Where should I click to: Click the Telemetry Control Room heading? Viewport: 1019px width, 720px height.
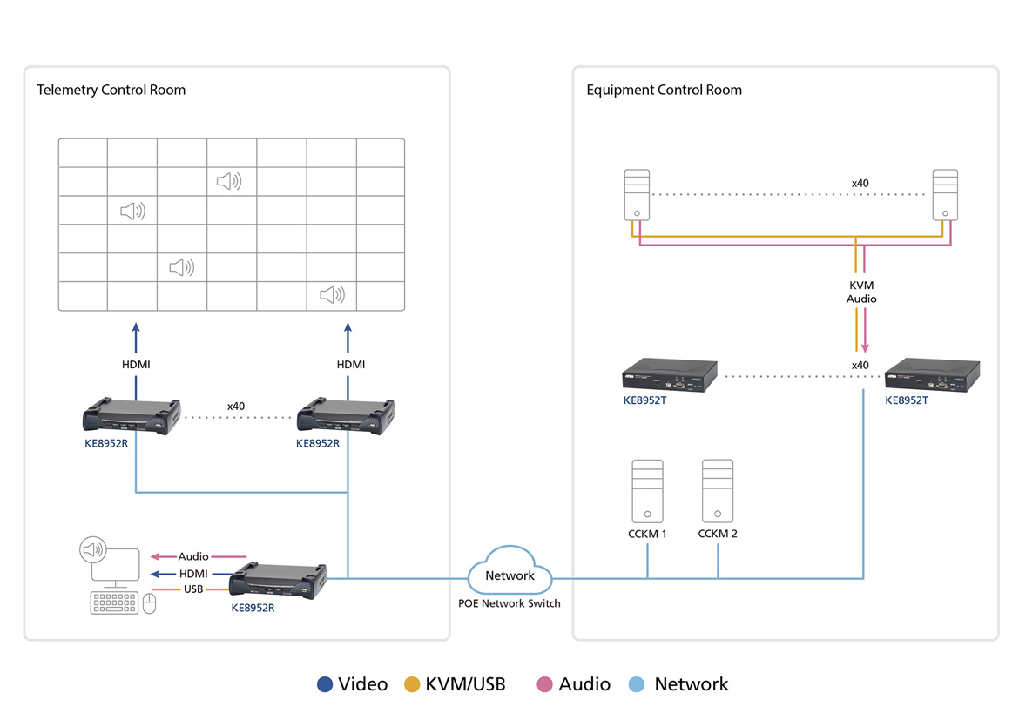click(x=111, y=90)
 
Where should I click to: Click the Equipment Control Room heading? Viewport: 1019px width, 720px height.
click(x=664, y=90)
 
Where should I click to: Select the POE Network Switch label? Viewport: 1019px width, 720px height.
click(x=509, y=603)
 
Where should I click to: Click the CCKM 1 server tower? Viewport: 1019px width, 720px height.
click(x=647, y=491)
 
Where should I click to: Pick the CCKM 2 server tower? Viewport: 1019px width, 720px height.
click(x=718, y=491)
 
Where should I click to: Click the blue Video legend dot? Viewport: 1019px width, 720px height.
click(x=326, y=684)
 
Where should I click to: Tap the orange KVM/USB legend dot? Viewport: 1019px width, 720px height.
click(x=413, y=684)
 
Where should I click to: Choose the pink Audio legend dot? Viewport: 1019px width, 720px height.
click(x=545, y=684)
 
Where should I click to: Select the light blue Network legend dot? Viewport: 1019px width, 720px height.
click(x=637, y=684)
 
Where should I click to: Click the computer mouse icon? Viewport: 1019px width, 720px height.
click(x=149, y=603)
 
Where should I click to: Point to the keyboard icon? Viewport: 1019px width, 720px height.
click(x=114, y=602)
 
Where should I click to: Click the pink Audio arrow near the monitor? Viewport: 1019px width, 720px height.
click(x=199, y=556)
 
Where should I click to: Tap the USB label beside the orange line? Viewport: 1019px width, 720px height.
click(x=193, y=589)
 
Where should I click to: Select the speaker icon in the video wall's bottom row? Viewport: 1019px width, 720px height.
click(x=332, y=295)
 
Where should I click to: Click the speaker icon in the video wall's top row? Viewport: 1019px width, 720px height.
click(x=229, y=181)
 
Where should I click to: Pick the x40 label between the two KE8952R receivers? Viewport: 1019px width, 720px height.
click(x=236, y=406)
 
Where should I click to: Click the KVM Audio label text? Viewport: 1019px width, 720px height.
click(x=861, y=293)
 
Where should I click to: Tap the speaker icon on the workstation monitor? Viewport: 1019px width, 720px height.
click(x=92, y=549)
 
